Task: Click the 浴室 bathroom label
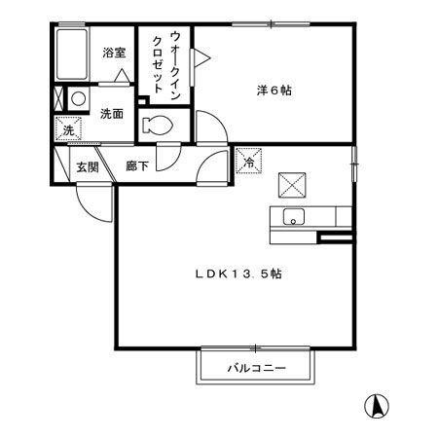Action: (x=114, y=54)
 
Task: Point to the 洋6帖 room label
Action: (x=274, y=91)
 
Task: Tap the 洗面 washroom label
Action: (x=111, y=114)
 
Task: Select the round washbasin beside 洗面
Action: (x=77, y=99)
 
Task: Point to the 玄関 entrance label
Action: (x=88, y=166)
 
